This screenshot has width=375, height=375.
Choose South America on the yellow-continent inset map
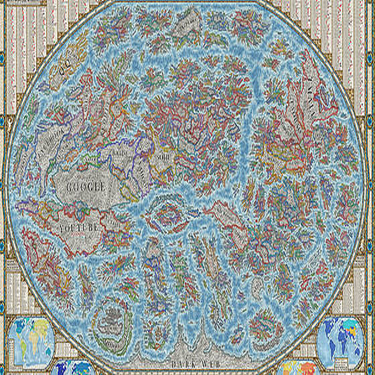[21, 348]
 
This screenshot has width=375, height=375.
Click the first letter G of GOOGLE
[67, 187]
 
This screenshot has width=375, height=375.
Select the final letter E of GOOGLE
[104, 187]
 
